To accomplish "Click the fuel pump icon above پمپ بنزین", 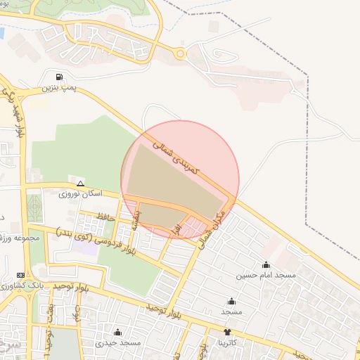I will (x=57, y=77).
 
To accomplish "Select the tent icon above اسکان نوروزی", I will (x=80, y=182).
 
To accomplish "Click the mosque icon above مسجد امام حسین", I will (x=266, y=265).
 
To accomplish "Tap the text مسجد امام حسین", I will (x=266, y=276).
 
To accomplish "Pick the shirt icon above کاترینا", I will (x=227, y=332).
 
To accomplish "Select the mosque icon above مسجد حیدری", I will (x=117, y=332).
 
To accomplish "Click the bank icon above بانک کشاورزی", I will (x=20, y=275).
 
